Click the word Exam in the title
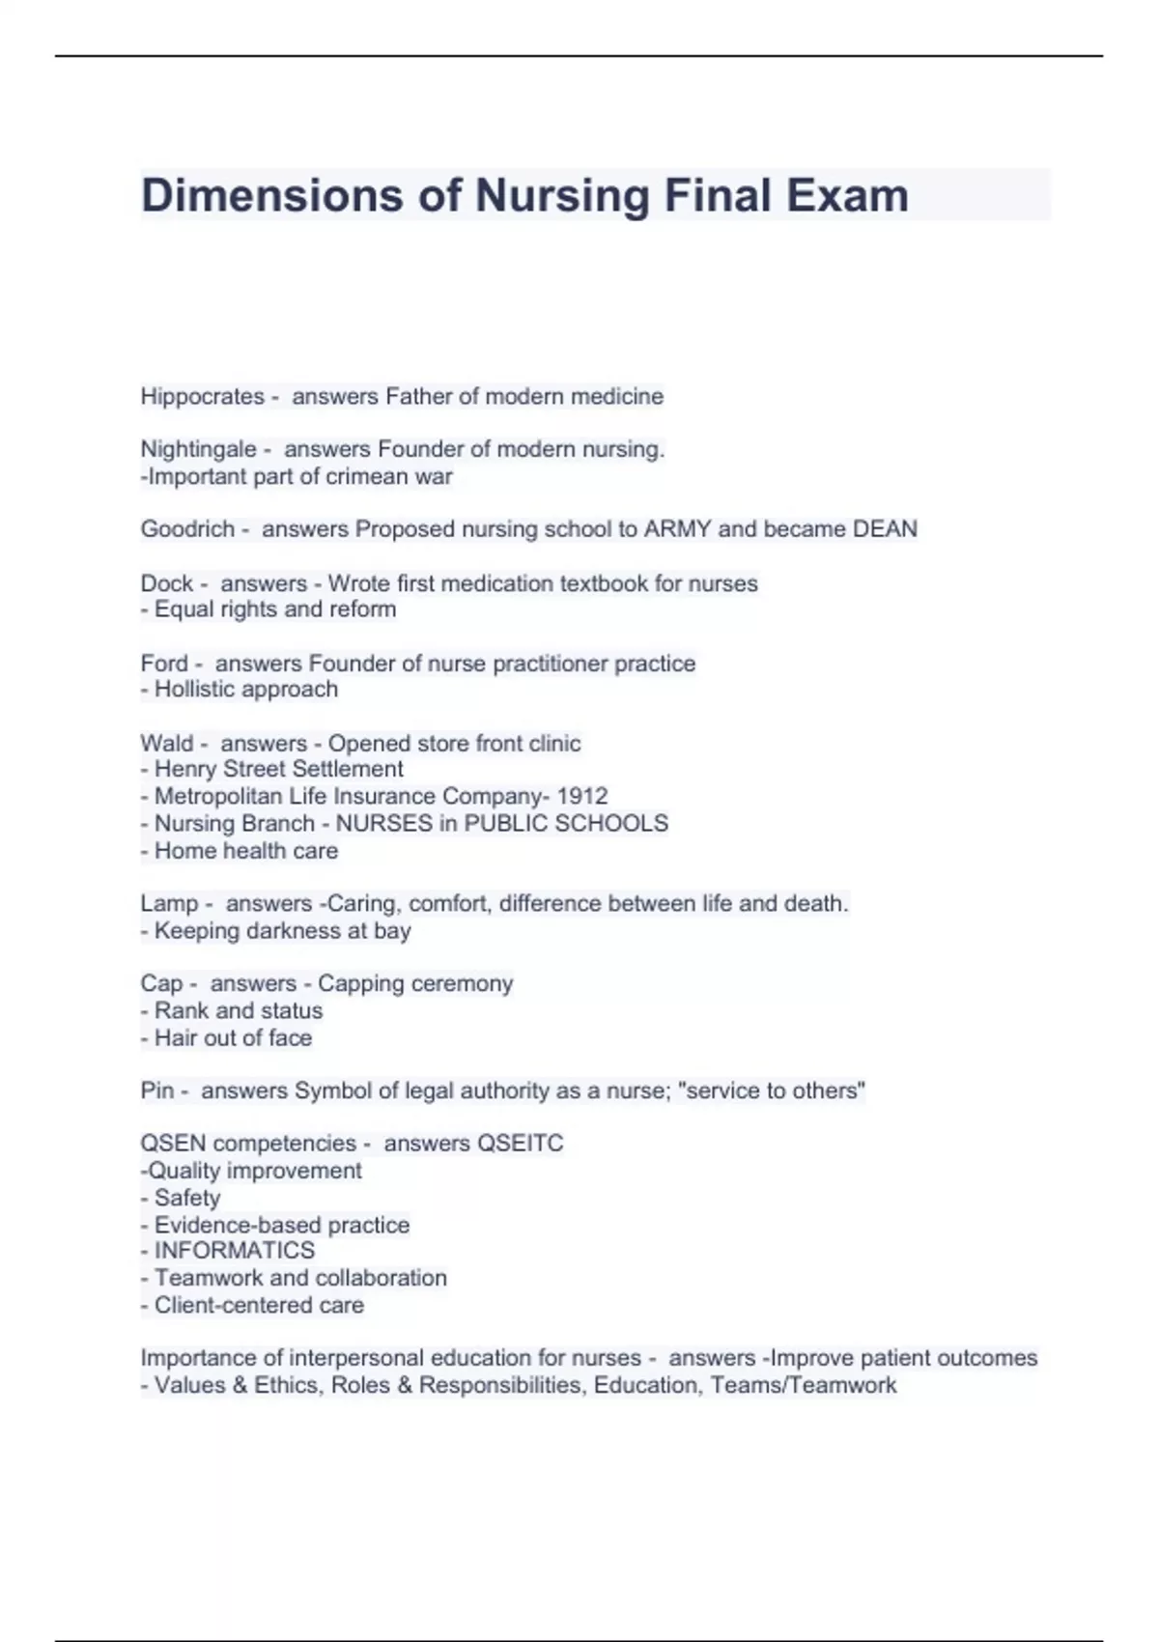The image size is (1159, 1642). pos(846,196)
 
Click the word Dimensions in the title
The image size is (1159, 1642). pos(271,196)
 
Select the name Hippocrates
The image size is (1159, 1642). pos(202,397)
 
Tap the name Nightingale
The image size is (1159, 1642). pos(198,450)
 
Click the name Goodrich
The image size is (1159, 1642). pos(187,529)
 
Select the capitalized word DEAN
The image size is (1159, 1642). pos(885,529)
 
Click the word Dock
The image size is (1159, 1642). pos(166,583)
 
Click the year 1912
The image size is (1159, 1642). pos(582,797)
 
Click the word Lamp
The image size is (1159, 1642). pos(169,904)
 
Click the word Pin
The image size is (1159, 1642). pos(157,1091)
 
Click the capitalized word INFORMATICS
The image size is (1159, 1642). pos(235,1251)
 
